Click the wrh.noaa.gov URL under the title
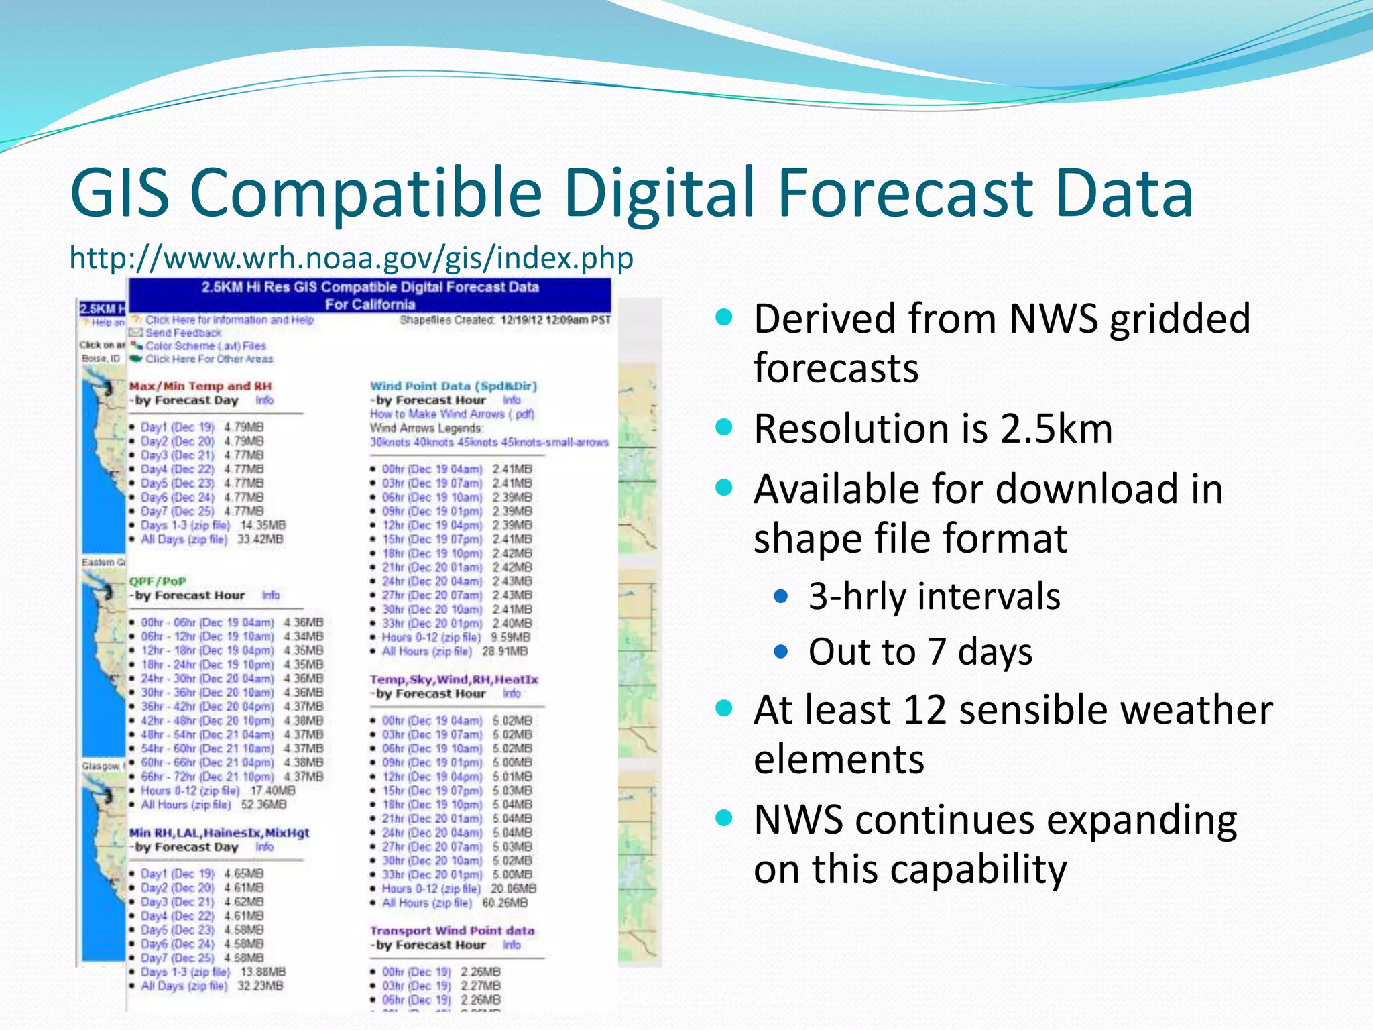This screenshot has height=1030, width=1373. [351, 258]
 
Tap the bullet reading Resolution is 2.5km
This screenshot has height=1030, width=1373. [933, 428]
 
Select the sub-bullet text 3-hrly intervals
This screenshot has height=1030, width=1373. [934, 596]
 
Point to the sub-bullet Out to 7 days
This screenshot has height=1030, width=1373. [920, 652]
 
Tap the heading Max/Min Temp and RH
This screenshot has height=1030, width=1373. [200, 386]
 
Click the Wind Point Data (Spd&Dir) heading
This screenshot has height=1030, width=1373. [453, 386]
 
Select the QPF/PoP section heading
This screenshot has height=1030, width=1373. [158, 581]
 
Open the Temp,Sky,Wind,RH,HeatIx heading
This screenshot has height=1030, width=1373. [454, 679]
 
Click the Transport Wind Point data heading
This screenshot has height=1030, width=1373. [452, 931]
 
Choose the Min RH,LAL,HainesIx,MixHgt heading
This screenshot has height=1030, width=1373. [219, 833]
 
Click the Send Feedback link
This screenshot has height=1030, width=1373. [183, 333]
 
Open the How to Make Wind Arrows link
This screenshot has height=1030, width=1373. [452, 414]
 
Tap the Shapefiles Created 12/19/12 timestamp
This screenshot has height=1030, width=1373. [505, 320]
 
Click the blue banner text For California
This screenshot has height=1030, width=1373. [370, 304]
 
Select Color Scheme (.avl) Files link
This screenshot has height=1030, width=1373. [206, 346]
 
